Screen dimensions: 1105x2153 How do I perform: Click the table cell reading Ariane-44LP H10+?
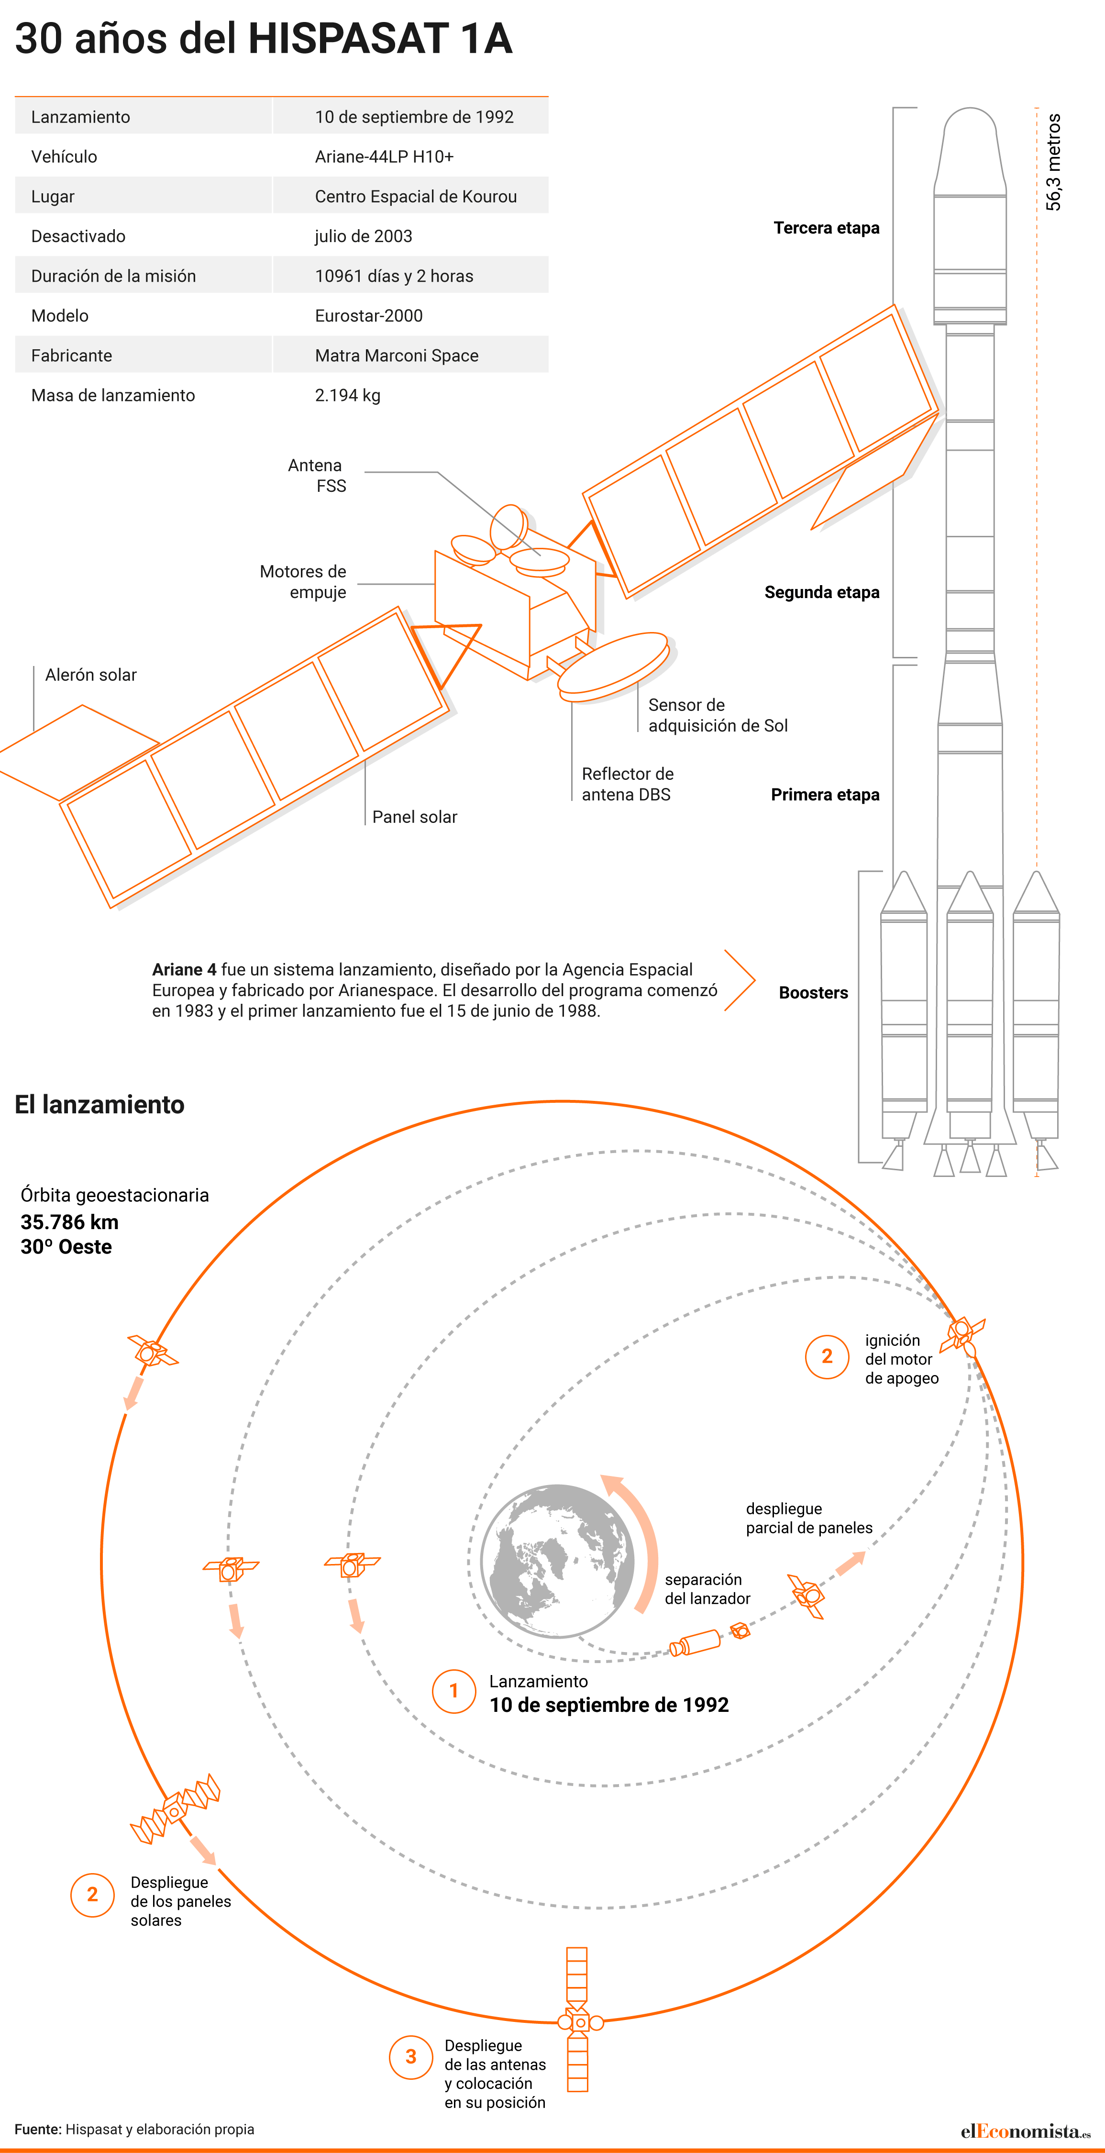[x=385, y=156]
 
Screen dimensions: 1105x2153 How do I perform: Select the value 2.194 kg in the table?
[x=348, y=395]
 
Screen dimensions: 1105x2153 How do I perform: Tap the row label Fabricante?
[x=72, y=355]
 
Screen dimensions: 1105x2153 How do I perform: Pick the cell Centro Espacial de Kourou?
[x=415, y=197]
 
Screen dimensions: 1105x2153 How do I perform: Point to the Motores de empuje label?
[x=303, y=582]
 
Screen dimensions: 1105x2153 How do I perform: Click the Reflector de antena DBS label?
[x=628, y=784]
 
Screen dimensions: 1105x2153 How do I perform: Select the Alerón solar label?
[x=91, y=675]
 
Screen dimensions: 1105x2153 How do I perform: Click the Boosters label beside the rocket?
[x=813, y=993]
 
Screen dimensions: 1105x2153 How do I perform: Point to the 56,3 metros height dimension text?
[x=1053, y=162]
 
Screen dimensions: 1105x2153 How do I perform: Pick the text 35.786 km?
[x=69, y=1222]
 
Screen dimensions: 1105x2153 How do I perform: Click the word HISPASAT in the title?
[x=349, y=38]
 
